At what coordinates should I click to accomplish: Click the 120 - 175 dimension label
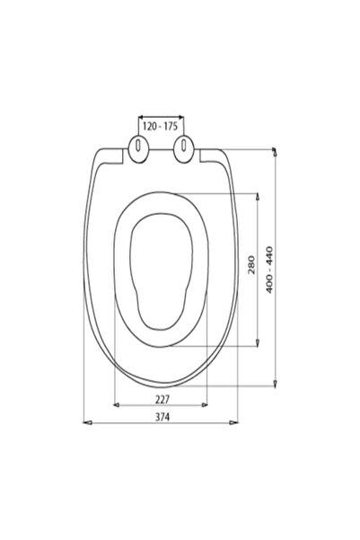[160, 127]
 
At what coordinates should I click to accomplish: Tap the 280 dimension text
[252, 265]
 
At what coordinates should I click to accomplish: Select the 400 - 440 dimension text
[269, 270]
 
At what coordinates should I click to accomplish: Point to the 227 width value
[162, 400]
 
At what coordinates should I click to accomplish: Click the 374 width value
[162, 417]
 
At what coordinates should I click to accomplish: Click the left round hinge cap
[138, 149]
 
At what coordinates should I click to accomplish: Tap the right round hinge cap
[183, 149]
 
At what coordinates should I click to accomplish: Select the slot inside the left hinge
[137, 145]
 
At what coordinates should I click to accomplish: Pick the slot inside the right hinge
[184, 145]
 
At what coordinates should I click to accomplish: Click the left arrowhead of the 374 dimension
[87, 422]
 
